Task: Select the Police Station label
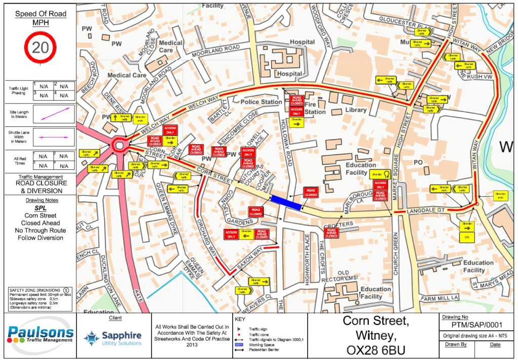(261, 102)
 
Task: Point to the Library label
(356, 110)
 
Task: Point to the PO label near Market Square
(418, 162)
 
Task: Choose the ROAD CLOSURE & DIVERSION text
(39, 187)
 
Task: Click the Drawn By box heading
(454, 344)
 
